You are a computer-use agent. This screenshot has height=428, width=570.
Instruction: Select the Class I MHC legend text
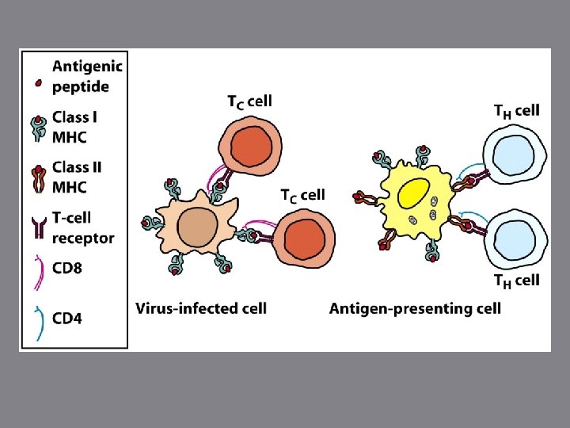[75, 127]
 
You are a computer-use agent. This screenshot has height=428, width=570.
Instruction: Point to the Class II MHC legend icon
[37, 178]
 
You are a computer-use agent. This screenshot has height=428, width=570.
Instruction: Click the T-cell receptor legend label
[83, 227]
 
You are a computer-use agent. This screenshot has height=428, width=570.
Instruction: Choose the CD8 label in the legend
[67, 268]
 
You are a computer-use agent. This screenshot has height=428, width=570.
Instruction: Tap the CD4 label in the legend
[67, 319]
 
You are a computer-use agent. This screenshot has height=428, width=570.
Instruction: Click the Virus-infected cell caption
[201, 308]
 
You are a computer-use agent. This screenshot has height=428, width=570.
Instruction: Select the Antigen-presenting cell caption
[415, 308]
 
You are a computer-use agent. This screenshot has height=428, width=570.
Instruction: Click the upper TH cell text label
[516, 110]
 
